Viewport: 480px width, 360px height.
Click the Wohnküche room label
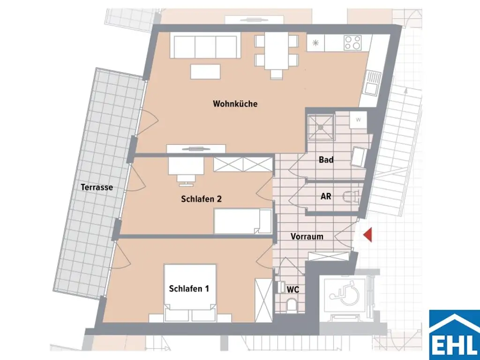pos(235,104)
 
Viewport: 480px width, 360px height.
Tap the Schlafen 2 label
pos(201,199)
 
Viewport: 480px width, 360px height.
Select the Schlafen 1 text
pos(189,289)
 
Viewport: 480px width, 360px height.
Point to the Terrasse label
pos(97,187)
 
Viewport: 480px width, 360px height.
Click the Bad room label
pos(326,160)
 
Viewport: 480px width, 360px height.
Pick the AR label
pos(326,196)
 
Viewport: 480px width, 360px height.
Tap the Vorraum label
pos(307,236)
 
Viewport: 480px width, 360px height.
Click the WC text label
pos(293,290)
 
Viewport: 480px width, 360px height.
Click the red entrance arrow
pos(368,234)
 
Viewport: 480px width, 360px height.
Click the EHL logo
pos(454,334)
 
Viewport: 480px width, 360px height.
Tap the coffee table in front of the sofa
pos(205,71)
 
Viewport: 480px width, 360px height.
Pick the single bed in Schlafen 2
pos(242,221)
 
